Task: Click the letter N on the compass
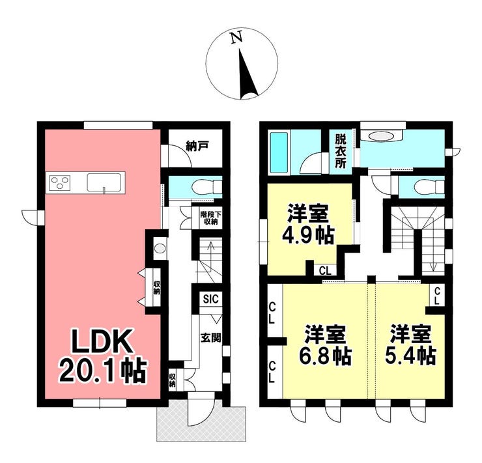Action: [x=236, y=37]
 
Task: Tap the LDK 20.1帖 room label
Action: [x=103, y=356]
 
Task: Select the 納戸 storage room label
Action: [x=197, y=147]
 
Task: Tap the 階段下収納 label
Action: [x=210, y=217]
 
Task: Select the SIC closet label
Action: [x=211, y=298]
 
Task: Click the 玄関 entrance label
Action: [x=211, y=338]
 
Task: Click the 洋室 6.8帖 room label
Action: [x=326, y=344]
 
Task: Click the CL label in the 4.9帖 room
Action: [x=325, y=271]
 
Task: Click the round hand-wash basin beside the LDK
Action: [x=159, y=248]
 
